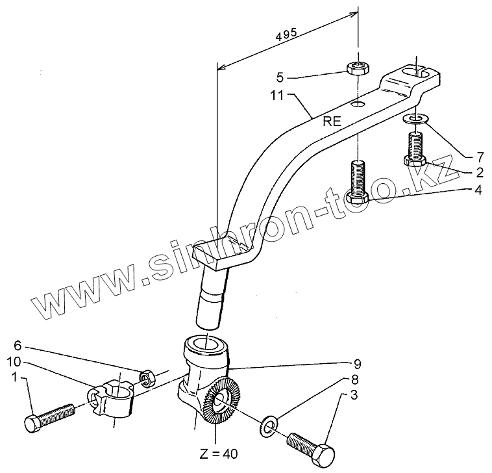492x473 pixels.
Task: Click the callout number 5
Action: tap(280, 77)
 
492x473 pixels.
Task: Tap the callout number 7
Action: tap(479, 157)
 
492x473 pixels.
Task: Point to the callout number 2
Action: tap(479, 173)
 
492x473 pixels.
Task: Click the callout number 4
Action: tap(479, 190)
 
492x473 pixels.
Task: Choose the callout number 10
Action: tap(16, 361)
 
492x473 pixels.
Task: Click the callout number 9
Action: tap(357, 363)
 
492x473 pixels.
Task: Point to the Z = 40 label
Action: tap(219, 454)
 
